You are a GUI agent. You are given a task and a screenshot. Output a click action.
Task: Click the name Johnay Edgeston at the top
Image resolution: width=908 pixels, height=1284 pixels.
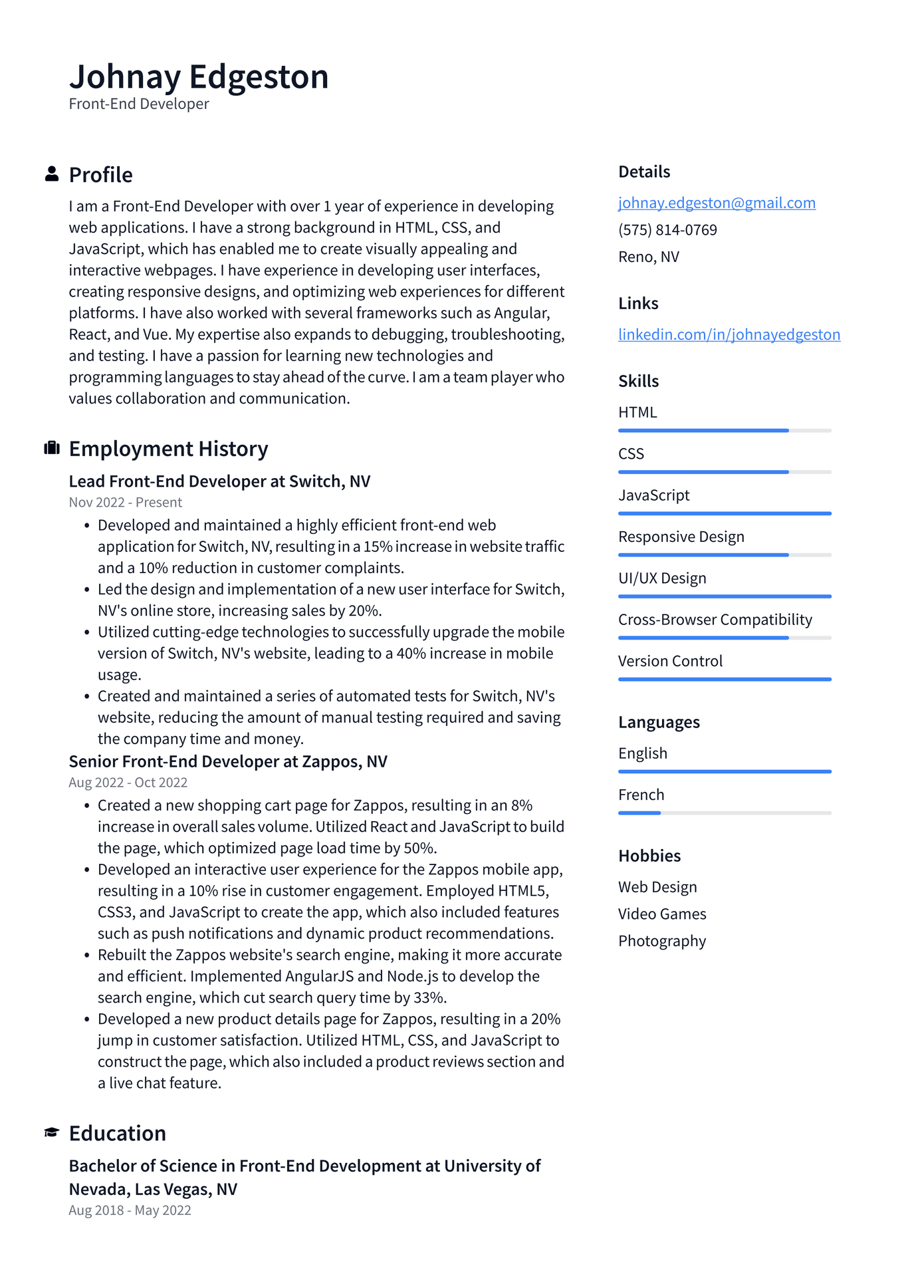pyautogui.click(x=199, y=76)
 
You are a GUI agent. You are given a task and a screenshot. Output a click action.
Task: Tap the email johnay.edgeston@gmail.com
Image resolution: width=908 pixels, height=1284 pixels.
pyautogui.click(x=717, y=203)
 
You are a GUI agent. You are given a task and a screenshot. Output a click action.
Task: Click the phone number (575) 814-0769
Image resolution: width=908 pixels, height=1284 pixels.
pyautogui.click(x=667, y=230)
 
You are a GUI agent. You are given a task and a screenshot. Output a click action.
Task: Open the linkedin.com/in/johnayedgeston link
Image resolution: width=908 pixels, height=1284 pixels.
pyautogui.click(x=729, y=334)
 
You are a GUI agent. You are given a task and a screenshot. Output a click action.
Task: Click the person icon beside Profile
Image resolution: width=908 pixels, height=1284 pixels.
pyautogui.click(x=51, y=174)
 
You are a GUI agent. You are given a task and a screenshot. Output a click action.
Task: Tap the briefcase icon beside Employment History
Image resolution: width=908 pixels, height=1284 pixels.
pyautogui.click(x=51, y=448)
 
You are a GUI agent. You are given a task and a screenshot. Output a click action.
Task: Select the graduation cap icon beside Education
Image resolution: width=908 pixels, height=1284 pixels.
pyautogui.click(x=51, y=1132)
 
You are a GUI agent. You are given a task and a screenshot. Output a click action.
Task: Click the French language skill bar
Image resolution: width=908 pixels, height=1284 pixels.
pyautogui.click(x=724, y=813)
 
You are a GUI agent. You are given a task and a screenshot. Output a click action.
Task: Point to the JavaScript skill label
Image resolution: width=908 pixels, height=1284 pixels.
pyautogui.click(x=653, y=495)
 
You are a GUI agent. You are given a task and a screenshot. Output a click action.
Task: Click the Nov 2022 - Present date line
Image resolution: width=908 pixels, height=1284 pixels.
pyautogui.click(x=125, y=503)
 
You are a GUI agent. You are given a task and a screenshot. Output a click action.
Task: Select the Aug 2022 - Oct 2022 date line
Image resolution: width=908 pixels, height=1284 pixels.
pyautogui.click(x=128, y=783)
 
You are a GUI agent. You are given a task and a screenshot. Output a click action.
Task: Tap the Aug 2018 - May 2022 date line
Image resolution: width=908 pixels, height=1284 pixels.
pyautogui.click(x=130, y=1210)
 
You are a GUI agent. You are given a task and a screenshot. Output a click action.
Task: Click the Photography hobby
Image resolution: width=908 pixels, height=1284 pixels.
pyautogui.click(x=661, y=941)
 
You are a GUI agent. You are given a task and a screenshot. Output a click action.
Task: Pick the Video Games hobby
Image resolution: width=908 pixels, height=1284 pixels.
pyautogui.click(x=661, y=914)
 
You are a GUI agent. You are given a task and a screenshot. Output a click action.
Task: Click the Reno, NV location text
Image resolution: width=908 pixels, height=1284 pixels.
pyautogui.click(x=648, y=257)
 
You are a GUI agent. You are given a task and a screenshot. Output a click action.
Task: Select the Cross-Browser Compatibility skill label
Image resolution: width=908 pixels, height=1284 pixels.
pyautogui.click(x=715, y=620)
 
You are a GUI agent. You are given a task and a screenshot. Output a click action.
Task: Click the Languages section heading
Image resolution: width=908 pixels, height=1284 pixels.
pyautogui.click(x=658, y=722)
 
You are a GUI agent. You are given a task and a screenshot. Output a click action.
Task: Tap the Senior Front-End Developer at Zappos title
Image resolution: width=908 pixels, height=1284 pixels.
pyautogui.click(x=227, y=761)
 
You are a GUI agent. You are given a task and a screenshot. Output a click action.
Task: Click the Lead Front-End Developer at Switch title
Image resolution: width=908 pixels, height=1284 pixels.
pyautogui.click(x=219, y=481)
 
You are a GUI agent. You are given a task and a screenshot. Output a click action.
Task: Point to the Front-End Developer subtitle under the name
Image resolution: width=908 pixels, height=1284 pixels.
pyautogui.click(x=138, y=104)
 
